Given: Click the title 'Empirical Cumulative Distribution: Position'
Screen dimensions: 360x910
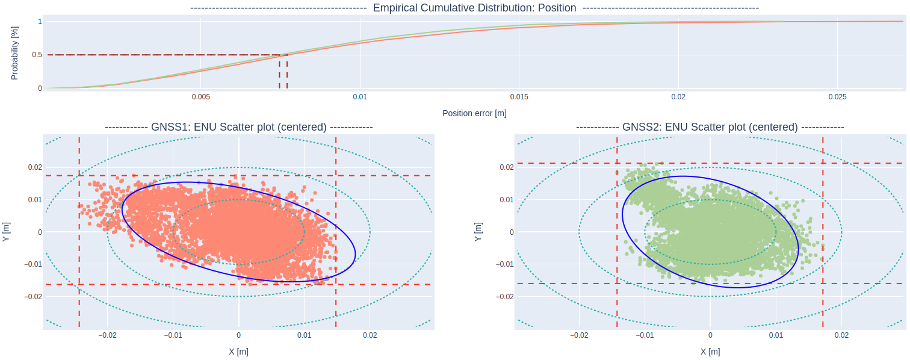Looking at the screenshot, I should (x=474, y=8).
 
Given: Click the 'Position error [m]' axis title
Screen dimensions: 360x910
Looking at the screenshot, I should (x=474, y=113).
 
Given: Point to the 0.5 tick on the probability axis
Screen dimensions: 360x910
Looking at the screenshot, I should (x=37, y=55).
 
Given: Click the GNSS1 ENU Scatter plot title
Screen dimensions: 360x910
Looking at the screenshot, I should (x=239, y=127).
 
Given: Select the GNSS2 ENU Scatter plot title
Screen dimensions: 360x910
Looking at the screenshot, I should (x=710, y=127).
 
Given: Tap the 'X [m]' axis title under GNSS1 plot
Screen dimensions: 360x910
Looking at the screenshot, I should (x=239, y=352).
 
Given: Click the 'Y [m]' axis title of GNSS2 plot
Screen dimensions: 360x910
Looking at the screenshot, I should (x=478, y=232).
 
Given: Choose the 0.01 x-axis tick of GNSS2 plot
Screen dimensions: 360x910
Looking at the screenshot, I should (x=776, y=335).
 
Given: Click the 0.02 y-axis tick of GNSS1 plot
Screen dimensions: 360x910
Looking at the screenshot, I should (x=34, y=167).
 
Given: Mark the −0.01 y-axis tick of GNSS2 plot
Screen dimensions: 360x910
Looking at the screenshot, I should (x=504, y=264).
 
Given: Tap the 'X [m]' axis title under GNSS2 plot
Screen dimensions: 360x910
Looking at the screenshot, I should (x=710, y=352).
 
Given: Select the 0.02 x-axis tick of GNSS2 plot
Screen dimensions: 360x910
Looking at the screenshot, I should (x=841, y=335).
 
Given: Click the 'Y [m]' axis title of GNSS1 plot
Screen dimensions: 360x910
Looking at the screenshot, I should (x=7, y=232).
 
